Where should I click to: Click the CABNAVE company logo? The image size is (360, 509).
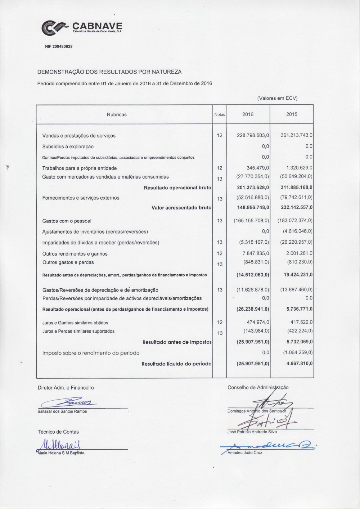pos(82,28)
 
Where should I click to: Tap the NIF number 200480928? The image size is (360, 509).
pos(59,46)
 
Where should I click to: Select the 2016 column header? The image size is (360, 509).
pos(248,114)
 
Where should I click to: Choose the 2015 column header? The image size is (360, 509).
pos(292,114)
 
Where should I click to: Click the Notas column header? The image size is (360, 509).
pos(219,114)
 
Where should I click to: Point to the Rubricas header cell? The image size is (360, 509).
pos(117,114)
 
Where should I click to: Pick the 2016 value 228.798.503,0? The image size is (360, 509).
pos(253,135)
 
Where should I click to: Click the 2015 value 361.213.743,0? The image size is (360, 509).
pos(296,135)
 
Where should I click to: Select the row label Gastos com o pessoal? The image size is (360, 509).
pos(67,221)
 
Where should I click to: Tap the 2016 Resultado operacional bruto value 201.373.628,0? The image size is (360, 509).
pos(253,188)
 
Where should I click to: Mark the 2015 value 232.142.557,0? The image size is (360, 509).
pos(296,207)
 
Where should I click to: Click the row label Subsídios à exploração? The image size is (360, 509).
pos(68,147)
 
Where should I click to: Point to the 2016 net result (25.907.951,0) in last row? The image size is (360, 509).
pos(253,364)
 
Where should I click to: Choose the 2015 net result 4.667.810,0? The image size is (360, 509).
pos(299,364)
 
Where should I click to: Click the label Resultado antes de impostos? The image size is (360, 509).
pos(177,342)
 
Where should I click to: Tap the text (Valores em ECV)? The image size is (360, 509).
pos(277,98)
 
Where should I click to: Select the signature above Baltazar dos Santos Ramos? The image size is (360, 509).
pos(68,402)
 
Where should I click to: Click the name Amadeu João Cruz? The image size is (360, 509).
pos(245,452)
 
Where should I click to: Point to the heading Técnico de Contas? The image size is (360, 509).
pos(58,432)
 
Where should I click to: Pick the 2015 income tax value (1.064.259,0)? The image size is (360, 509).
pos(298,353)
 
